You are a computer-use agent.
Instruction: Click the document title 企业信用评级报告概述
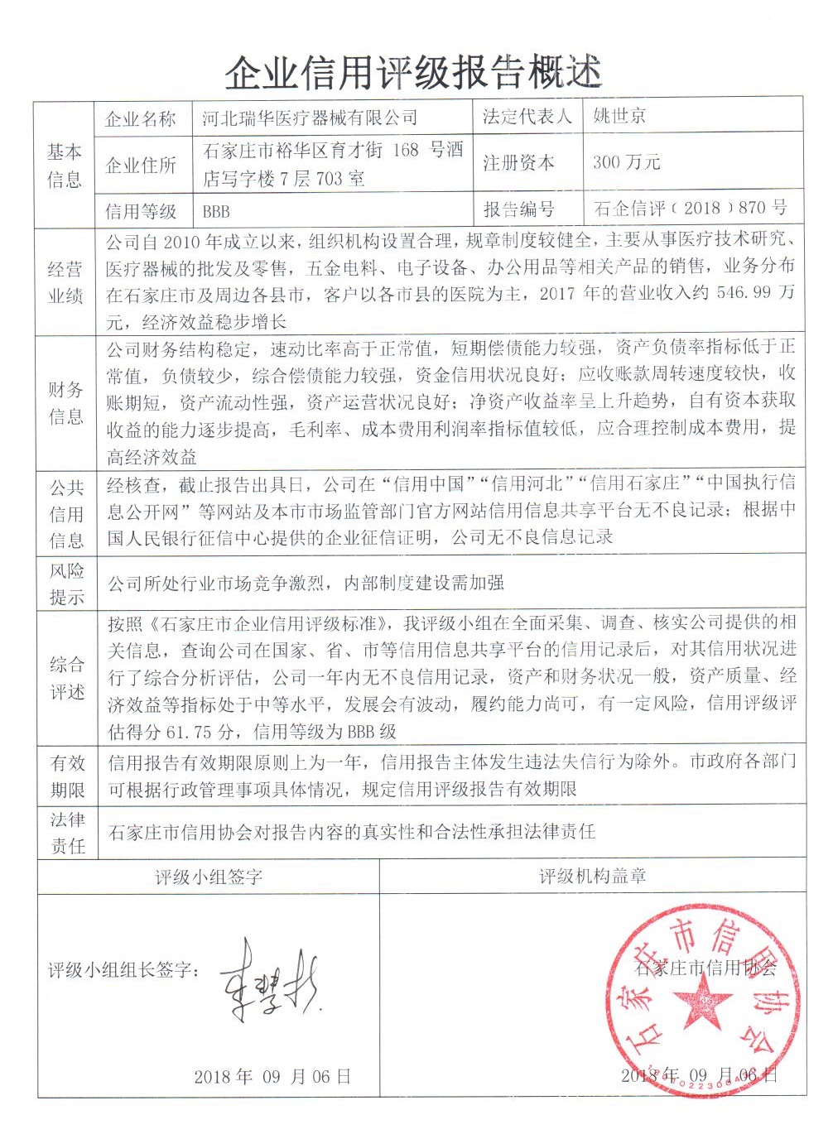coord(413,74)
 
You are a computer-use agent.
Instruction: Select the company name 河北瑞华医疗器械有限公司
coord(310,118)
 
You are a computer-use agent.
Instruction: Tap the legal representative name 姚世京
coord(619,116)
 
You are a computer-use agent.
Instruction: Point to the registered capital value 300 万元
coord(627,162)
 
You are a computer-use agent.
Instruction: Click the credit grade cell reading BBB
coord(216,211)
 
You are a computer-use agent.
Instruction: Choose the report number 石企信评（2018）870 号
coord(691,208)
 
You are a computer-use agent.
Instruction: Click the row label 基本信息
coord(65,166)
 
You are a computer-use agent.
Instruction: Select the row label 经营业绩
coord(65,282)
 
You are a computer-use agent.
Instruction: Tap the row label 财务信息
coord(65,403)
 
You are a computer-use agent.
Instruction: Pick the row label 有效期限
coord(66,776)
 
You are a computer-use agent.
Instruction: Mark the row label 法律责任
coord(66,833)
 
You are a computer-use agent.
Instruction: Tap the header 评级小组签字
coord(209,877)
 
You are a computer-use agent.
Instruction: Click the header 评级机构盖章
coord(593,876)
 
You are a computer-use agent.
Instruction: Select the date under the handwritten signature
coord(272,1077)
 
